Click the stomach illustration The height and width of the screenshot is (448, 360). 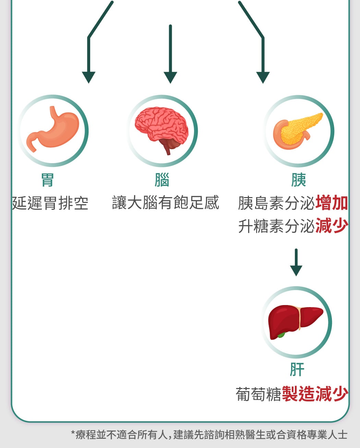coord(53,129)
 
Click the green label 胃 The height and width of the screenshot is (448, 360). coord(48,180)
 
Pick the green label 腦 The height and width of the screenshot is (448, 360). coord(162,180)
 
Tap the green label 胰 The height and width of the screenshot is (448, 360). coord(298,180)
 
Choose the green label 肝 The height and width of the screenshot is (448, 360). coord(297,370)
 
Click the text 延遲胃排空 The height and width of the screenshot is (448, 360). coord(50,203)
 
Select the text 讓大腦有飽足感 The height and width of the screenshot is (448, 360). coord(165,203)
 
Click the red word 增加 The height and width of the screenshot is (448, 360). coord(332,203)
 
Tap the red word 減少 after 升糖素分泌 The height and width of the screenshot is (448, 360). coord(332,226)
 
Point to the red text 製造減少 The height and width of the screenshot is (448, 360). coord(315,394)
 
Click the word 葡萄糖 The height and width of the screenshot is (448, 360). coord(258,394)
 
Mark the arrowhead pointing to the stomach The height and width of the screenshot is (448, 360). coord(88,77)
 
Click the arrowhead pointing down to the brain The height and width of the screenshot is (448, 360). coord(170,77)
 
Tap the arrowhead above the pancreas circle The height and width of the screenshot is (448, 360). coord(263,77)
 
